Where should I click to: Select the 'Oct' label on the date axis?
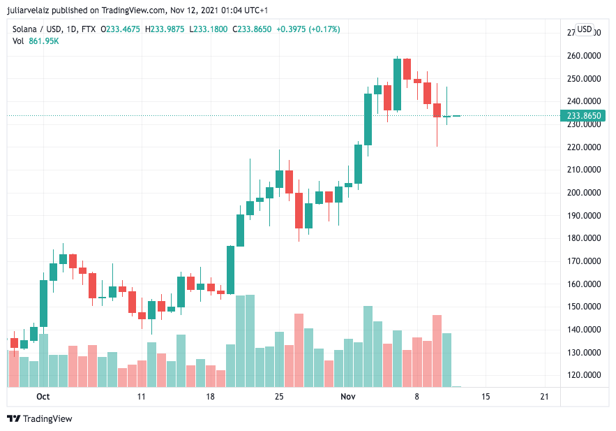[43, 397]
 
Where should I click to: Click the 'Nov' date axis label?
[348, 397]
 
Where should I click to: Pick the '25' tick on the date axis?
[279, 397]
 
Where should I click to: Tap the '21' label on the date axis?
[545, 397]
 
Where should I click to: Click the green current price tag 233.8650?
[584, 116]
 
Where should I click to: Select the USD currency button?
[584, 29]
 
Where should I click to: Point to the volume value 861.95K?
[43, 41]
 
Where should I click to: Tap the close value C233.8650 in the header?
[252, 29]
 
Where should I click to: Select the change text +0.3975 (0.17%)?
[308, 29]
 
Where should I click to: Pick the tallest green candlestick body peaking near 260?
[397, 84]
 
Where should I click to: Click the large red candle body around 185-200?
[299, 210]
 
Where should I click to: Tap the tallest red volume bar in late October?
[299, 350]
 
